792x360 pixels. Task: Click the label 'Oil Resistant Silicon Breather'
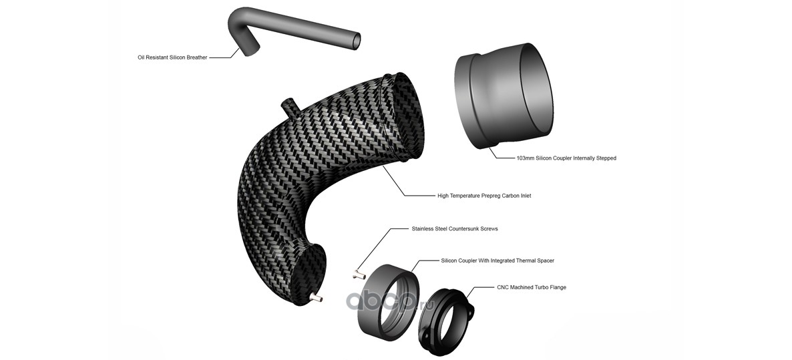click(172, 57)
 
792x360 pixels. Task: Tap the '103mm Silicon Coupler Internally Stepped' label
click(566, 158)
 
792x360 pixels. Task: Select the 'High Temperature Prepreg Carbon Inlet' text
click(484, 196)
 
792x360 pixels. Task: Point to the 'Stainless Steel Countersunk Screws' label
click(455, 228)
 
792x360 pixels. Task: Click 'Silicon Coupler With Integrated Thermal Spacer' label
click(498, 260)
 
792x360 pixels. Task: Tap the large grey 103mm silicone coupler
click(503, 96)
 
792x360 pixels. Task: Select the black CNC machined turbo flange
click(446, 317)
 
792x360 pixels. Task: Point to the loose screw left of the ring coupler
click(359, 275)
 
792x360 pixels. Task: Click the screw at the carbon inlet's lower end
click(317, 298)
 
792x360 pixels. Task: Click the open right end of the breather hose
click(356, 41)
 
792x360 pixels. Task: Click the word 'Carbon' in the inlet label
click(509, 196)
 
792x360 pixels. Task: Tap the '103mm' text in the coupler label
click(525, 158)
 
